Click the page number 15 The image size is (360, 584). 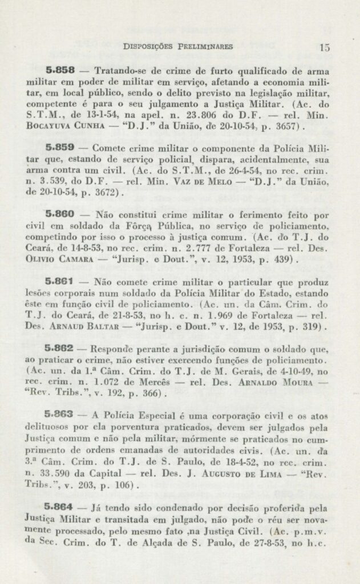(325, 48)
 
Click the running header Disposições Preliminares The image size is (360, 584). (178, 47)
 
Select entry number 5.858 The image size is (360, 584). (60, 71)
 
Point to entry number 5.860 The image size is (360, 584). (60, 215)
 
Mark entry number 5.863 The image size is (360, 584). (60, 415)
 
